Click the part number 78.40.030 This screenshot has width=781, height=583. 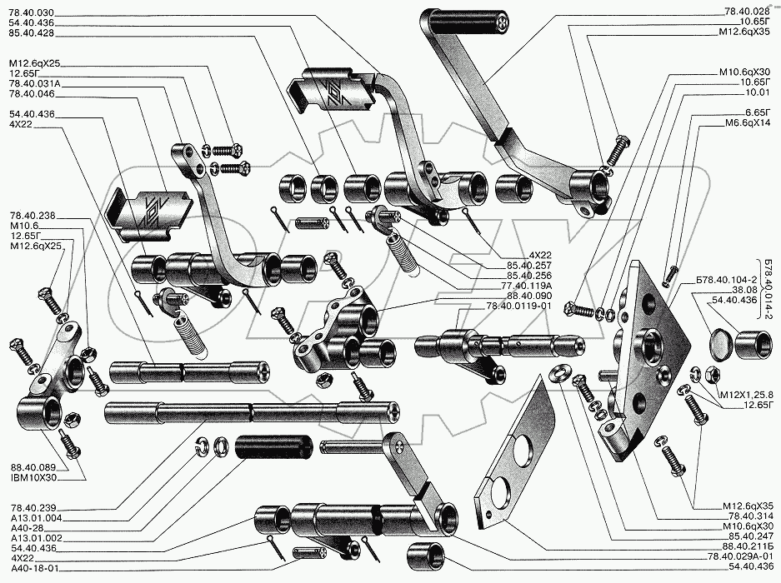click(29, 11)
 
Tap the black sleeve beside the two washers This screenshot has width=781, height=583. click(275, 447)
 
